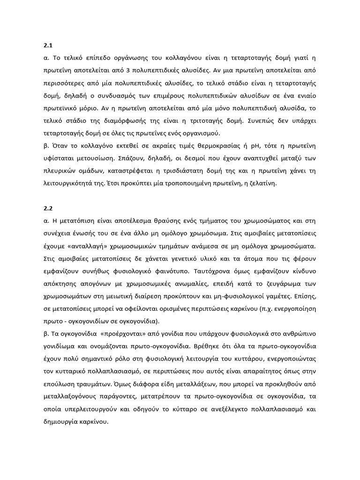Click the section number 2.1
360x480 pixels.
(x=47, y=46)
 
